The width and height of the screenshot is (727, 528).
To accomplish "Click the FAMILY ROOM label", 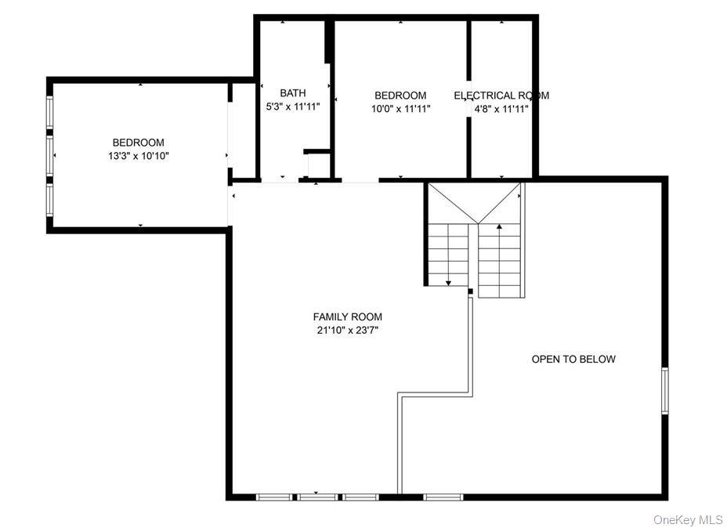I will [x=347, y=316].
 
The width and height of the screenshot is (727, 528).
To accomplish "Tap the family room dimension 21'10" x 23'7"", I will [x=347, y=330].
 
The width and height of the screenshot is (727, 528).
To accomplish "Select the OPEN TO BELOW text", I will [x=573, y=359].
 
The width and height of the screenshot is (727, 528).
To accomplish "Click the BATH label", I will [x=293, y=92].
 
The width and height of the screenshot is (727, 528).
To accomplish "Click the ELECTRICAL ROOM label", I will [x=501, y=96].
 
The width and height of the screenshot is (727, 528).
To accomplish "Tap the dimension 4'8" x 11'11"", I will [x=501, y=109].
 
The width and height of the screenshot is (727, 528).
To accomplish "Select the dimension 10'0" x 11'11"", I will [x=400, y=109].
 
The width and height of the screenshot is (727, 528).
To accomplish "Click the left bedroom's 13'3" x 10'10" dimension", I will [x=139, y=156].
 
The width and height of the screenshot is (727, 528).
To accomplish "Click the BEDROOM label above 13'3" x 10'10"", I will [x=139, y=143].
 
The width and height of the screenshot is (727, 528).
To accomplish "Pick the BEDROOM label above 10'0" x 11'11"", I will [x=400, y=96].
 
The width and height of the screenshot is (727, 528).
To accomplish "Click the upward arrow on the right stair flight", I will [x=499, y=227].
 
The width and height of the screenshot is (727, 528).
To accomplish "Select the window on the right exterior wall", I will [x=664, y=390].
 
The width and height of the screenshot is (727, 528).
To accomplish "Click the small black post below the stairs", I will [x=470, y=291].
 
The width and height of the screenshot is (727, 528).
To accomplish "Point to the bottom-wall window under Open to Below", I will [x=443, y=497].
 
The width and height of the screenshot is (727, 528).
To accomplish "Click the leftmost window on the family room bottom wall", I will [x=274, y=497].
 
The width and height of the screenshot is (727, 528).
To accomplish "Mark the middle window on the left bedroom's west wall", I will [x=50, y=155].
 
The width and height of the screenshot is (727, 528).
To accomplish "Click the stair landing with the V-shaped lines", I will [x=475, y=202].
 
